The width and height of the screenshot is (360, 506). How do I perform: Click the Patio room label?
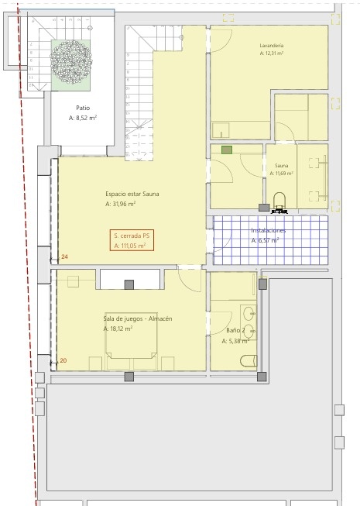[83, 108]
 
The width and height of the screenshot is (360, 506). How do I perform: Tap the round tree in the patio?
[71, 62]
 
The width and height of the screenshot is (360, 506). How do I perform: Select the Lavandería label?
[272, 46]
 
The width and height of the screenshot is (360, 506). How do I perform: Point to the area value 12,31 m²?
[272, 53]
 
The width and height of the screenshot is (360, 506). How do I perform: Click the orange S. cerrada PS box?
[132, 240]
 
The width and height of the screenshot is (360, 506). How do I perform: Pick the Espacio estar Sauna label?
[132, 194]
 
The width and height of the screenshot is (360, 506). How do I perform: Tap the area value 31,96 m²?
[120, 204]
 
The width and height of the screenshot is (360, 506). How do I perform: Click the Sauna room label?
[281, 166]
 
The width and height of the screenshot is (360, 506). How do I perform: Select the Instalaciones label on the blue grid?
[269, 230]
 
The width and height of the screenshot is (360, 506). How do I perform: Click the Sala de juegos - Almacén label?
[138, 318]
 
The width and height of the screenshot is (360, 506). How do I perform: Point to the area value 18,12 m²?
[118, 329]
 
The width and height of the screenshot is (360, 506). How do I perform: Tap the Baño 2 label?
[235, 330]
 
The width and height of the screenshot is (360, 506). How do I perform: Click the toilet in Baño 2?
[249, 361]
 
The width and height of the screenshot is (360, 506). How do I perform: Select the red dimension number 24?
[65, 256]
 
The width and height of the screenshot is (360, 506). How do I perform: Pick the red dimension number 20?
[63, 360]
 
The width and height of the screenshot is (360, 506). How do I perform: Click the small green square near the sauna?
[227, 150]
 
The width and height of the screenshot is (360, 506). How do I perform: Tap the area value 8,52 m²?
[83, 118]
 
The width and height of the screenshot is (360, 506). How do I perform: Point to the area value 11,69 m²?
[281, 174]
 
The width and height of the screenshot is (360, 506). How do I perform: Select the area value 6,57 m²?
[265, 240]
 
